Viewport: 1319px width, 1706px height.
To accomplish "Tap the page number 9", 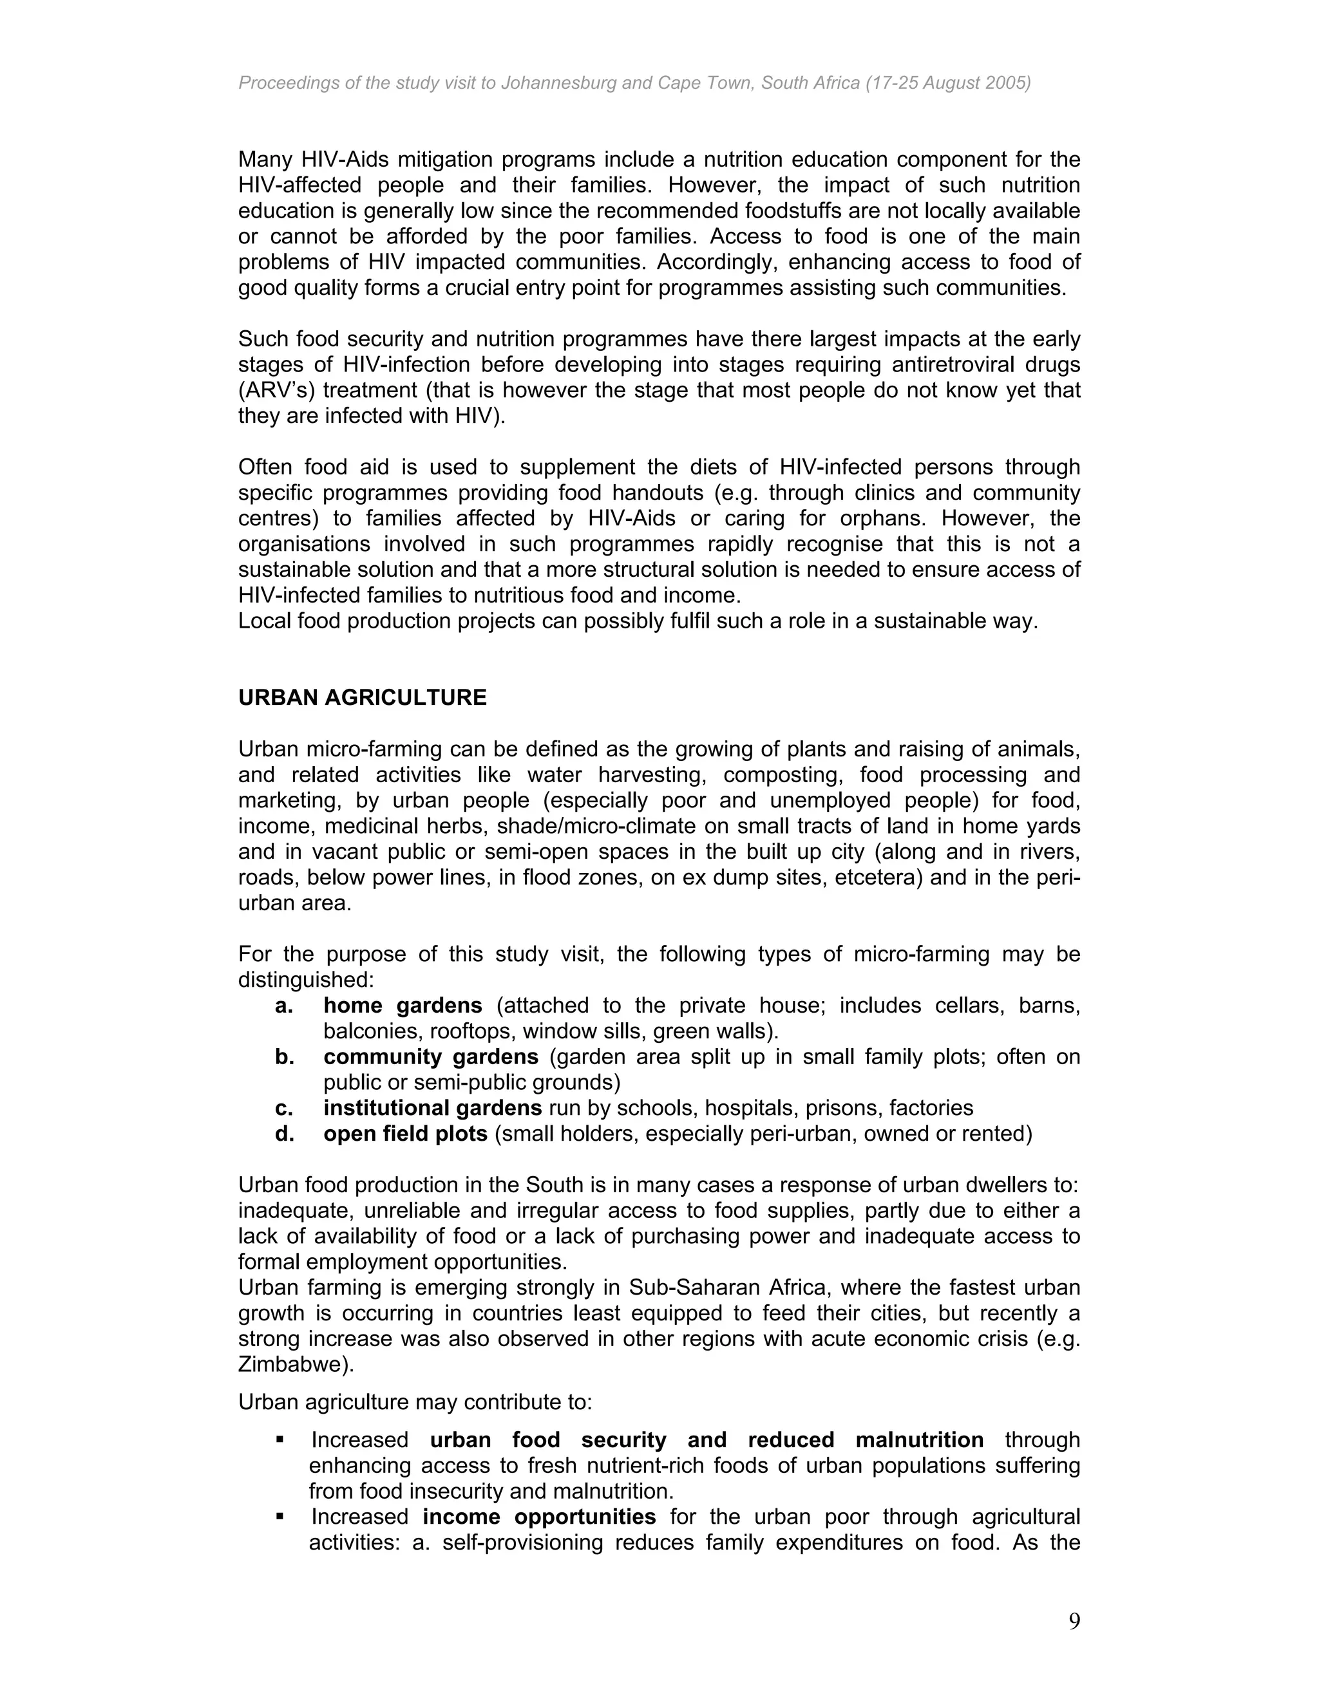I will click(x=1074, y=1622).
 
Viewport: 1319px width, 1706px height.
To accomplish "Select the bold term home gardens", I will click(x=403, y=1006).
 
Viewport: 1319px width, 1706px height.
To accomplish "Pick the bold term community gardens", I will click(x=431, y=1057).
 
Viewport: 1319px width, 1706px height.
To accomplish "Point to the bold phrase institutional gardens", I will click(x=432, y=1108).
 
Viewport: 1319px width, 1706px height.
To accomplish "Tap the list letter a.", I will click(x=283, y=1006).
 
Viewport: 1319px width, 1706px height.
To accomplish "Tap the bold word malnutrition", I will click(x=919, y=1439).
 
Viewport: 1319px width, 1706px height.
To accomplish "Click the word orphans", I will click(x=883, y=519).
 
